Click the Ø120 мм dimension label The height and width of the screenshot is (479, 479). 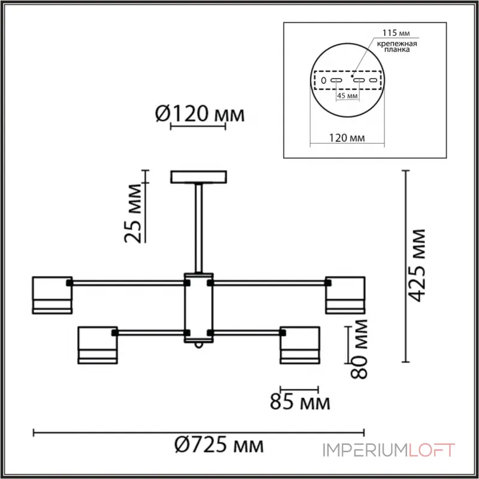point(201,114)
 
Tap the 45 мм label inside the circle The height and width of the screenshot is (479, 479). point(347,96)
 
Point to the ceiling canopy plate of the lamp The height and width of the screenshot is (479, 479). point(199,177)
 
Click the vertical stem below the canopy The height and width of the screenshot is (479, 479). point(199,228)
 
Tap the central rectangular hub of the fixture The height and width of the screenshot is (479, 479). point(199,307)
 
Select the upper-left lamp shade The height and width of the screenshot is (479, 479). point(52,295)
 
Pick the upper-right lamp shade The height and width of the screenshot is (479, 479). point(345,295)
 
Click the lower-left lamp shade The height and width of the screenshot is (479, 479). point(97,345)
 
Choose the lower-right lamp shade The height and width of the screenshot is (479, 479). point(300,345)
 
